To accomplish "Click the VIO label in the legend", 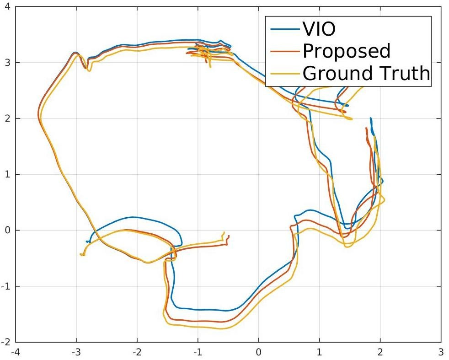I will point(319,29).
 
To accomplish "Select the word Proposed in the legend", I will point(347,51).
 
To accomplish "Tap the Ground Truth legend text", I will point(366,73).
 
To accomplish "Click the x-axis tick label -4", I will point(15,352).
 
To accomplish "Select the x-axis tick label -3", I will point(76,352).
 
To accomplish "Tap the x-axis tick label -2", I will point(137,352).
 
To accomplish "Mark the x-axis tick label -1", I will point(198,352).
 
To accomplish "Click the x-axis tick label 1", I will point(320,352).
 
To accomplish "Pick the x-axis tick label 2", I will point(380,352).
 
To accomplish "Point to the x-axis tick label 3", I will point(441,352).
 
